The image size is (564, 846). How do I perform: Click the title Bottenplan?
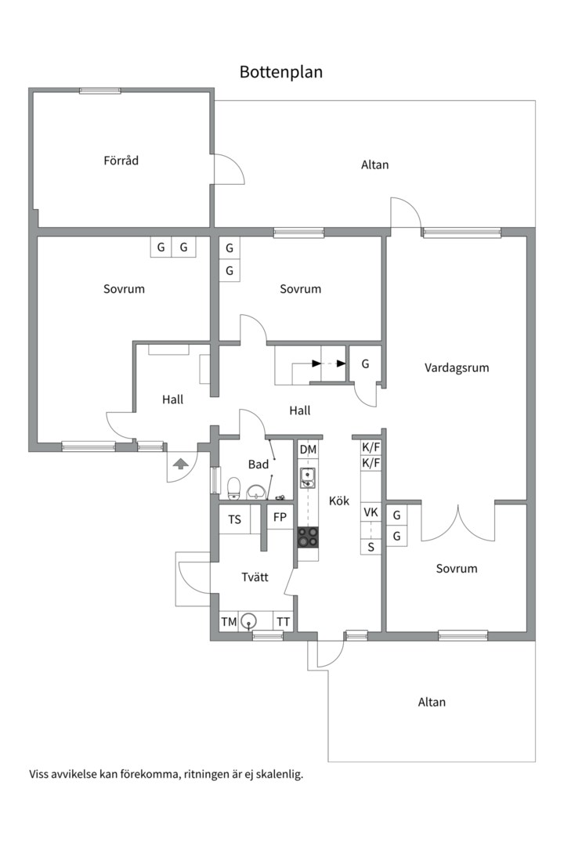point(281,72)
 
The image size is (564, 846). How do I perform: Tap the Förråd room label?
point(121,161)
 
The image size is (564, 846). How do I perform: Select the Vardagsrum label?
point(457,367)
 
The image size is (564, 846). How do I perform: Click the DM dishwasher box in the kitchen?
point(308,449)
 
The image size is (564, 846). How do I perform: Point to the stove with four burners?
point(308,537)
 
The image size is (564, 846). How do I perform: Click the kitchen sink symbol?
point(308,477)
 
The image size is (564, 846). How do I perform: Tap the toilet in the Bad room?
point(233,488)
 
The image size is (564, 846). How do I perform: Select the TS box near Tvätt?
point(234,519)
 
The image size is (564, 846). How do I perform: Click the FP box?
point(280,517)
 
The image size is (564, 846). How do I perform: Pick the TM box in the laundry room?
point(229,622)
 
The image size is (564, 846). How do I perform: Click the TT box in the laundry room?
point(283,622)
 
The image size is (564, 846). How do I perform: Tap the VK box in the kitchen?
point(371,512)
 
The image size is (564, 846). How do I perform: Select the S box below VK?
point(371,546)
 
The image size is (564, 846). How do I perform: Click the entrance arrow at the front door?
point(180,464)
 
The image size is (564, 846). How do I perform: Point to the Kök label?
point(339,501)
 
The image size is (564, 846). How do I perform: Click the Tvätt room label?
point(255,577)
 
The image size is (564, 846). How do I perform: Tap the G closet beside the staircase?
point(365,364)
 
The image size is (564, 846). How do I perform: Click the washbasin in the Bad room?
point(256,492)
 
